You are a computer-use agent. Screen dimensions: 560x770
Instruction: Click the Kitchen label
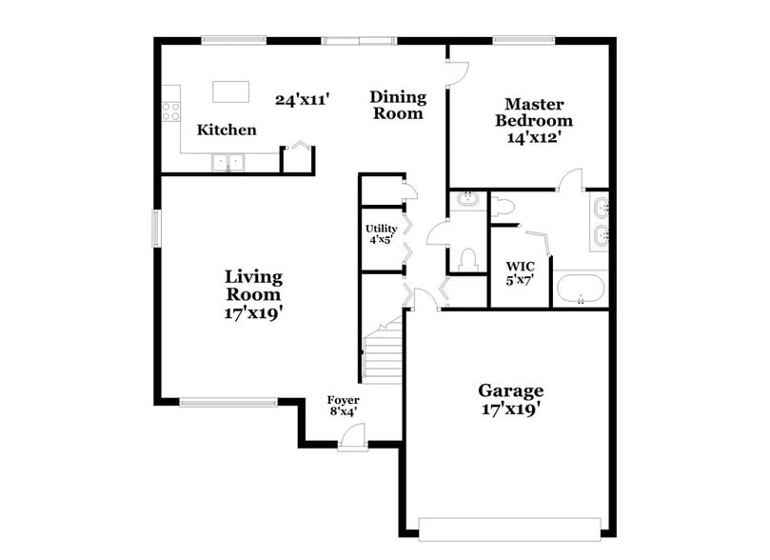click(x=227, y=130)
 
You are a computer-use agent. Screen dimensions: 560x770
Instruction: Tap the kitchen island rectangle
click(x=230, y=91)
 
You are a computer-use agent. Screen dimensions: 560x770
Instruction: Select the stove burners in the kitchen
click(x=171, y=110)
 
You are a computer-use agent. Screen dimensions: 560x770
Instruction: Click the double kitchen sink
click(x=227, y=162)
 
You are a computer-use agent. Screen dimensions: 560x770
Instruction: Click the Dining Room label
click(x=397, y=105)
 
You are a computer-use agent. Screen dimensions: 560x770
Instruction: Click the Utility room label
click(x=380, y=229)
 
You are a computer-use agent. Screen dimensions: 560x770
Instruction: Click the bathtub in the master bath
click(x=580, y=289)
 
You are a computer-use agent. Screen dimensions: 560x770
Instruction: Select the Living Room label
click(x=253, y=285)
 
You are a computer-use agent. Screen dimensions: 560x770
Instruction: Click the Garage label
click(x=510, y=390)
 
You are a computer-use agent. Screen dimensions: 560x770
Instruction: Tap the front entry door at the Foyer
click(x=353, y=439)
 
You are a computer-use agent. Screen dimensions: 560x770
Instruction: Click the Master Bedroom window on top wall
click(x=523, y=40)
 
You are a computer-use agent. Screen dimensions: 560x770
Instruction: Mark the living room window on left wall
click(x=157, y=229)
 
